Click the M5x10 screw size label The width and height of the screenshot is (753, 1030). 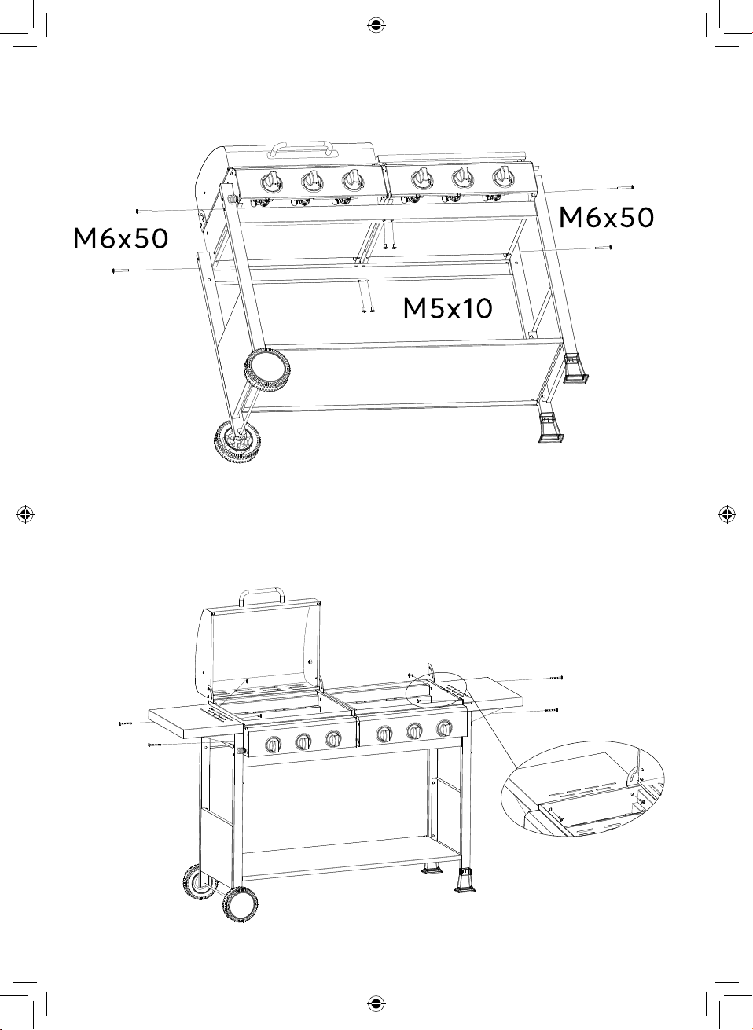click(447, 308)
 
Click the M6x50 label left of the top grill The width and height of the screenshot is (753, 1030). click(120, 239)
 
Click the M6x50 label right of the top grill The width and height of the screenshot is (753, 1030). click(606, 218)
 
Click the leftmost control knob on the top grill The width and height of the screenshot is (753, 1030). click(272, 183)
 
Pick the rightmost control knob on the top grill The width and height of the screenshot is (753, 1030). click(503, 177)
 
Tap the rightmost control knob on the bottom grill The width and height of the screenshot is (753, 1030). click(444, 728)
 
